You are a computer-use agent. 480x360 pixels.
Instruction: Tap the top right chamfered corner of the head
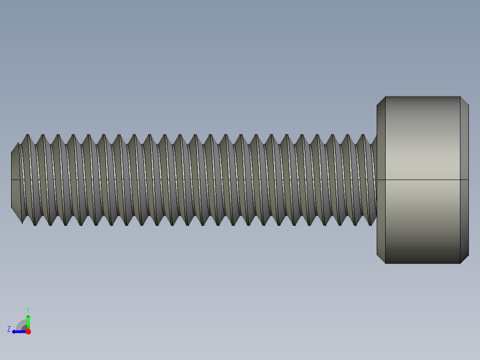(464, 101)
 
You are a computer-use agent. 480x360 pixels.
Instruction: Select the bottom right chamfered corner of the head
(464, 259)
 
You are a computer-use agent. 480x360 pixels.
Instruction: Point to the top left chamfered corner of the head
(381, 101)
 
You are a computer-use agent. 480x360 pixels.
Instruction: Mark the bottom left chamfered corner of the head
(381, 259)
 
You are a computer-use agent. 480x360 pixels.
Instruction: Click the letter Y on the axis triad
(28, 309)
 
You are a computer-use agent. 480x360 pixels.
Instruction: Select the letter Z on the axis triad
(9, 329)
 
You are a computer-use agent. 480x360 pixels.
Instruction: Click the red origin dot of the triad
(28, 331)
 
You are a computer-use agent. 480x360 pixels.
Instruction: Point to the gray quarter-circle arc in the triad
(21, 324)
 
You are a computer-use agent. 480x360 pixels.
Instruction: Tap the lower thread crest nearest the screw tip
(35, 224)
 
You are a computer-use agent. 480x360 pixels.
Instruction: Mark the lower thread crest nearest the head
(370, 224)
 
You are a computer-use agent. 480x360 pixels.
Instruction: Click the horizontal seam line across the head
(422, 180)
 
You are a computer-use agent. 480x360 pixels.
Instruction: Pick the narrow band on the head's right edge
(464, 180)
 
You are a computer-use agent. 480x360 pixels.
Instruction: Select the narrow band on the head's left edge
(381, 180)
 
